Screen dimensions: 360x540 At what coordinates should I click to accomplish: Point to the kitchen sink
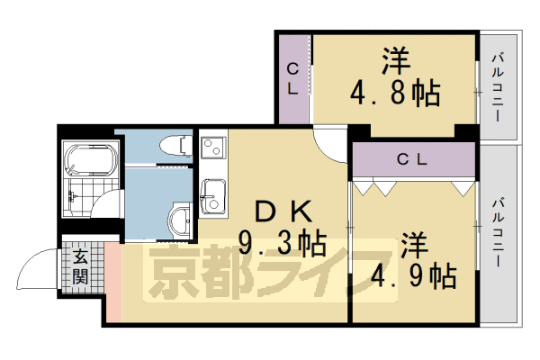click(x=214, y=194)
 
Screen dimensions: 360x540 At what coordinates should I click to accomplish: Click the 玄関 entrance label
click(x=81, y=267)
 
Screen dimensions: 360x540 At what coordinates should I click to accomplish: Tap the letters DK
click(x=283, y=211)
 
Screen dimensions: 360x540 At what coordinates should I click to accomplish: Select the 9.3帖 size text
click(x=282, y=242)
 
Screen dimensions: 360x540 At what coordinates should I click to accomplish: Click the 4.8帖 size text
click(x=394, y=91)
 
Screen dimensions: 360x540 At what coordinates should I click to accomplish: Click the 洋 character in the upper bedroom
click(x=396, y=61)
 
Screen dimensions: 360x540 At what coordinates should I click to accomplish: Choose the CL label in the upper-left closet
click(x=292, y=77)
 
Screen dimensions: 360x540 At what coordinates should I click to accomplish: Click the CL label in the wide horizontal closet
click(x=412, y=159)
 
